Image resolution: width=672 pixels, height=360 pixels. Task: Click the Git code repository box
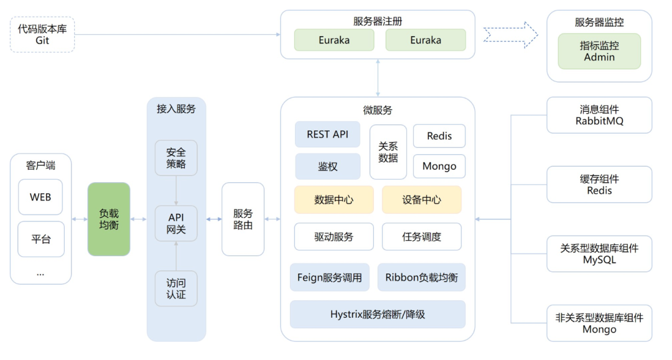[42, 35]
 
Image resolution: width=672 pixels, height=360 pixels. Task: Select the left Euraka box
[334, 40]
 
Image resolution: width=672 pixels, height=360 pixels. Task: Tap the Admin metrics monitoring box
[599, 52]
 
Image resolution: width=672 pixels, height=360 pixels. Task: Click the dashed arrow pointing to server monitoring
[510, 35]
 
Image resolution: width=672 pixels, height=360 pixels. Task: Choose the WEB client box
[40, 197]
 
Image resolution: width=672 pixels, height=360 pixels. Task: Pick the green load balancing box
[109, 219]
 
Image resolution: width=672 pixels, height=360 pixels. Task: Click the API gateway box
[176, 223]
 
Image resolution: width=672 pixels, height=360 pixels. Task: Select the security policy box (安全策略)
[176, 158]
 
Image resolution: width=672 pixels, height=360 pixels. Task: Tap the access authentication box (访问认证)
[176, 288]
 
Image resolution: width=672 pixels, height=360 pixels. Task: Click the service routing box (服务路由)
[243, 219]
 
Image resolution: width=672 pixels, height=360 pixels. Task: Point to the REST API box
[327, 134]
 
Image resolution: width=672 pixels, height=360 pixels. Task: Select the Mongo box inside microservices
[439, 166]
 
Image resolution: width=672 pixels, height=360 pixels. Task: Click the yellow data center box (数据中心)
[334, 200]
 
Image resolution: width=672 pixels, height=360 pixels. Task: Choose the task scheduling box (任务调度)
[422, 237]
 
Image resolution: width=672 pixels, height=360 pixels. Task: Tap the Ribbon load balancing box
[421, 277]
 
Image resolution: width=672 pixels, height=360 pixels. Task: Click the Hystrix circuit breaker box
[378, 314]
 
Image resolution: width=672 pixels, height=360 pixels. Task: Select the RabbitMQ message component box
[599, 115]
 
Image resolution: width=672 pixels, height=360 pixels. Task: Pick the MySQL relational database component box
[599, 254]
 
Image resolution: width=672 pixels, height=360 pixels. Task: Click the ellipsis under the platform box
[40, 274]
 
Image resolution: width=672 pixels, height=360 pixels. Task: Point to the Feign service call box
[330, 277]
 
